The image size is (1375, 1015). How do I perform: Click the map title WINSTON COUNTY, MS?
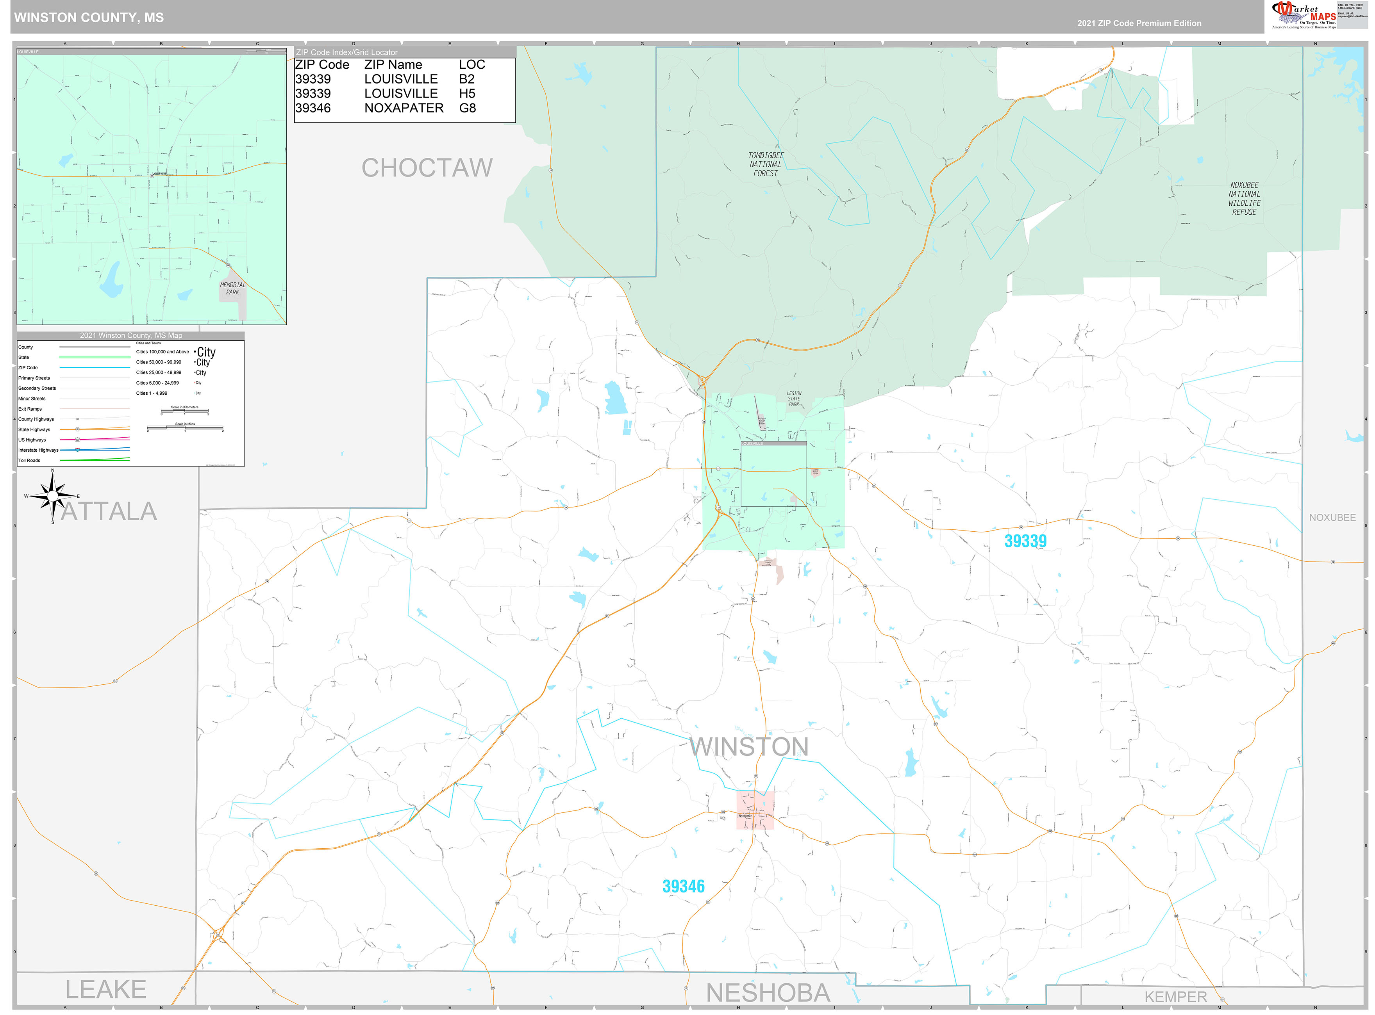point(89,17)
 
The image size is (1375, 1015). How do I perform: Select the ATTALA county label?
point(109,511)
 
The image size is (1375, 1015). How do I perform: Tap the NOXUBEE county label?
point(1332,517)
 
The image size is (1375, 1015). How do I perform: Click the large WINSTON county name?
point(749,746)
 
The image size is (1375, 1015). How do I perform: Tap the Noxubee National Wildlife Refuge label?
point(1244,198)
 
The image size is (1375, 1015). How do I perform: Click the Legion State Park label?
point(793,399)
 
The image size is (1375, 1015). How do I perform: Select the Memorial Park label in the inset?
point(232,288)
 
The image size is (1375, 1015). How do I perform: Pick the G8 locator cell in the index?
point(467,108)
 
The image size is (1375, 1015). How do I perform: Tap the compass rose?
point(53,495)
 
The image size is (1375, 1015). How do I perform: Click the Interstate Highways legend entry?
point(38,451)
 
